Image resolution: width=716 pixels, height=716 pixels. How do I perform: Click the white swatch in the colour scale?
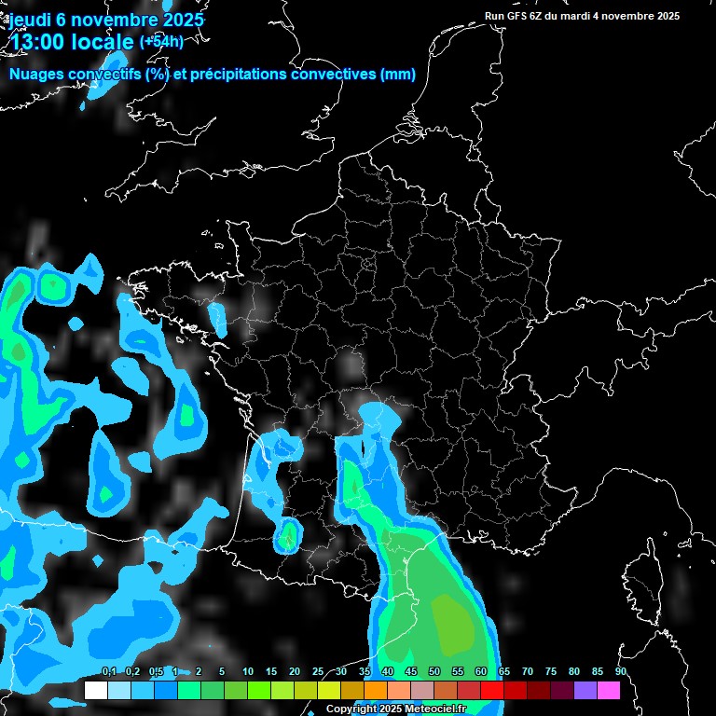(95, 690)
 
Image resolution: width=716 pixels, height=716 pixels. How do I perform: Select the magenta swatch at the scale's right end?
(609, 690)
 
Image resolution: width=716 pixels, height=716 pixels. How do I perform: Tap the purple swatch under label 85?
(585, 690)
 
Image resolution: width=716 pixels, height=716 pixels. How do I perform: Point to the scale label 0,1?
(109, 671)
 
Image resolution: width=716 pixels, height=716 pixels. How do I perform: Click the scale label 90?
(620, 671)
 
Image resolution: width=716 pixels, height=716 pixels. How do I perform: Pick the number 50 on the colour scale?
(434, 671)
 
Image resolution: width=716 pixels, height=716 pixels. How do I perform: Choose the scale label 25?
(318, 671)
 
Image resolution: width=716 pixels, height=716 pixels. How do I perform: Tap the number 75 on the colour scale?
(551, 671)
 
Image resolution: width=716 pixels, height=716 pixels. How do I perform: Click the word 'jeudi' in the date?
(29, 20)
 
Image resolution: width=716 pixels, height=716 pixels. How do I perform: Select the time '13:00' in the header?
(42, 42)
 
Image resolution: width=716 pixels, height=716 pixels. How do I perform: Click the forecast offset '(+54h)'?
(161, 41)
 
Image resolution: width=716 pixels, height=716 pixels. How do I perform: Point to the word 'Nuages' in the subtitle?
(38, 75)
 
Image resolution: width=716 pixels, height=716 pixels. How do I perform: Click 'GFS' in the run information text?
(522, 16)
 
